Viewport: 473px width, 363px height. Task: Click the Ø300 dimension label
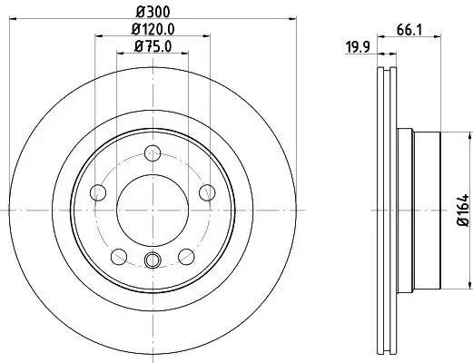click(x=153, y=12)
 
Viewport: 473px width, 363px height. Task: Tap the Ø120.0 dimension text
click(x=153, y=29)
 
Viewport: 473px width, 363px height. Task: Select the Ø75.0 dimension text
click(x=153, y=47)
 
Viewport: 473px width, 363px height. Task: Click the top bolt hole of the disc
click(x=153, y=153)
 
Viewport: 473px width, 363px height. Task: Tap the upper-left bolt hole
click(x=98, y=191)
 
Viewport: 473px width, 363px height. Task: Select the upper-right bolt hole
click(x=207, y=191)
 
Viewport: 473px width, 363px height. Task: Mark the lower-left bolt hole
click(x=119, y=256)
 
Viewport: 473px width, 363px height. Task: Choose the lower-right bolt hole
click(x=187, y=256)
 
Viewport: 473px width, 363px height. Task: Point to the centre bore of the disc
click(x=153, y=210)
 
